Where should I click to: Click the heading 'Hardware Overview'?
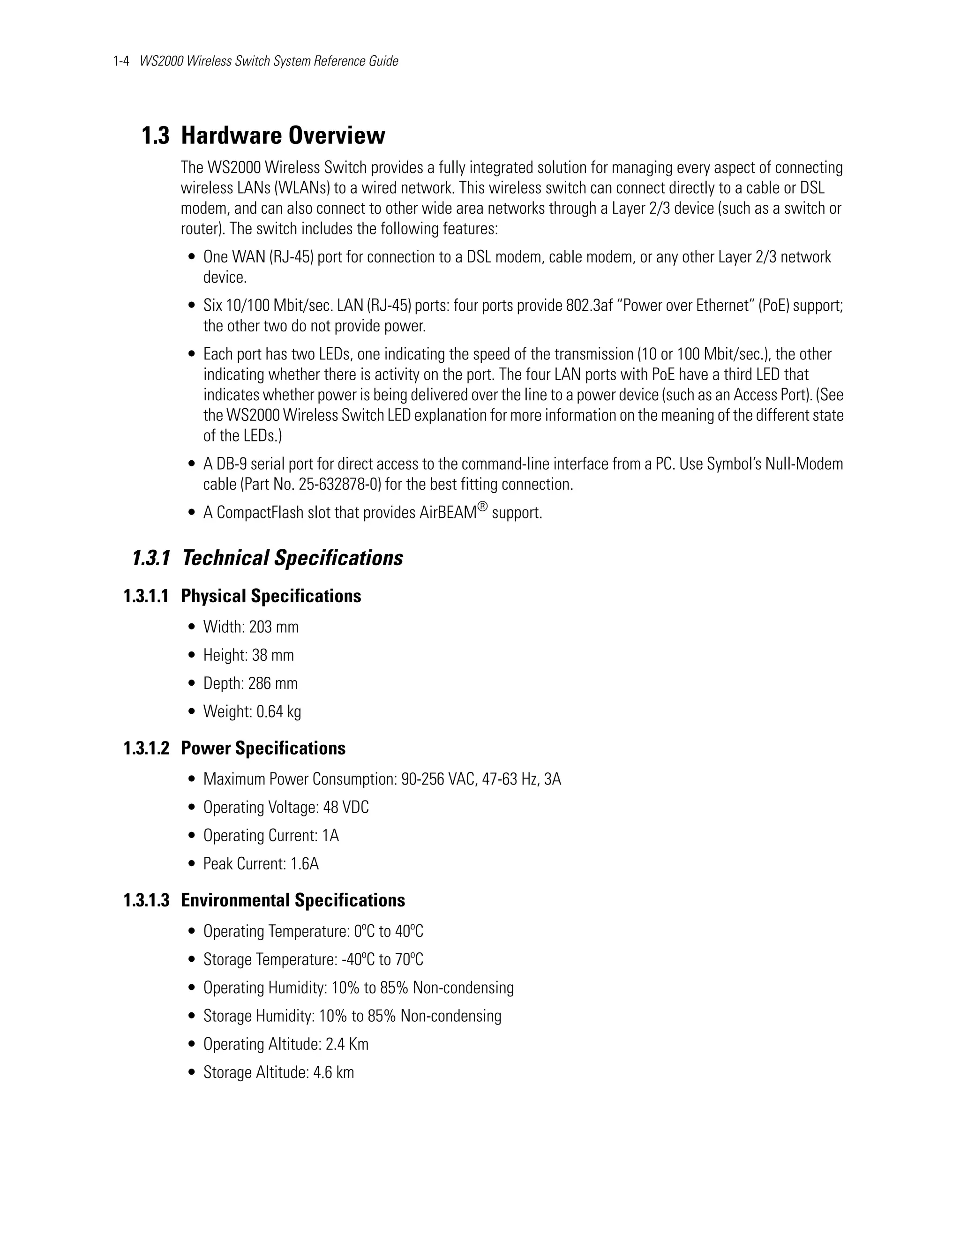pyautogui.click(x=283, y=135)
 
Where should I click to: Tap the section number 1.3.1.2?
pyautogui.click(x=146, y=748)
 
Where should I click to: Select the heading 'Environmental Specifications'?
pyautogui.click(x=292, y=900)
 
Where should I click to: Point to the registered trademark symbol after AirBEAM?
pyautogui.click(x=482, y=506)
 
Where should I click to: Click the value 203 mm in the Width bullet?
pyautogui.click(x=274, y=627)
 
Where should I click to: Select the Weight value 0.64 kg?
pyautogui.click(x=279, y=711)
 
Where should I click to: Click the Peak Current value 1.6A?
pyautogui.click(x=304, y=864)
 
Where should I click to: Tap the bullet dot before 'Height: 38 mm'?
pyautogui.click(x=192, y=656)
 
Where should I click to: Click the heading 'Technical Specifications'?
pyautogui.click(x=292, y=558)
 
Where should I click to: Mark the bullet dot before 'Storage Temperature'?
pyautogui.click(x=192, y=960)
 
